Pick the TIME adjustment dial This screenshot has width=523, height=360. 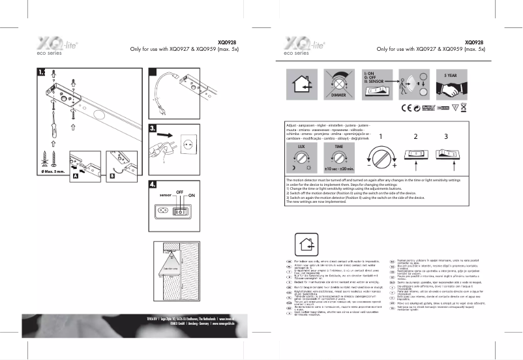click(x=339, y=156)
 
